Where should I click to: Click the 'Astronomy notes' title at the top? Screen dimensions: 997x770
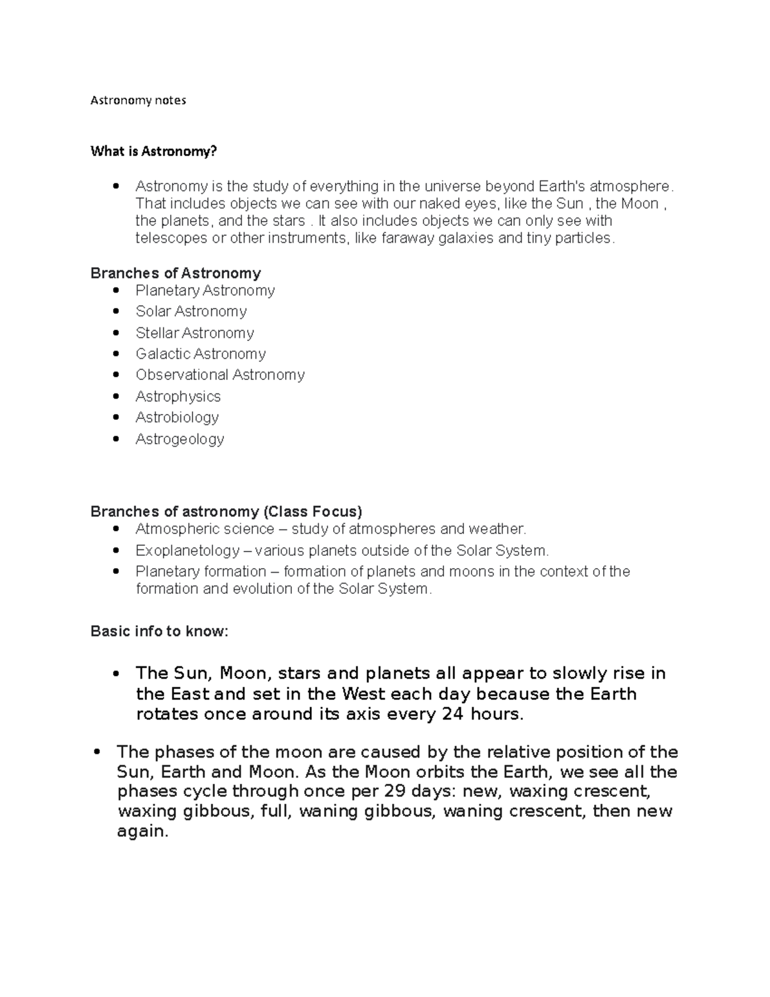[x=138, y=100]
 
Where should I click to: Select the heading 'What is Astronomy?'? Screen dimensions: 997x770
[x=154, y=152]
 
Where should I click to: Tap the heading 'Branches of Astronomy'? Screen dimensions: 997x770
[x=175, y=273]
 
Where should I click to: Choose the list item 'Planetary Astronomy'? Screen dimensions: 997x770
[x=205, y=291]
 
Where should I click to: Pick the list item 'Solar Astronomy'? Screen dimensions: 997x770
[x=191, y=311]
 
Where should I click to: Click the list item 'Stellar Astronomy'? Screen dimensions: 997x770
[x=194, y=333]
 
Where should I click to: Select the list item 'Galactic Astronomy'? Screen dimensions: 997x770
[x=200, y=354]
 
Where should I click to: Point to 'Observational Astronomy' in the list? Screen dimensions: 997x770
[x=219, y=375]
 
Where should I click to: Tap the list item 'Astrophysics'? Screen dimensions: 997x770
[x=178, y=396]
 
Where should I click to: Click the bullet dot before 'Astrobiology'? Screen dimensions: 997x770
[x=116, y=417]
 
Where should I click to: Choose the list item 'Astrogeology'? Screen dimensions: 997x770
[x=180, y=439]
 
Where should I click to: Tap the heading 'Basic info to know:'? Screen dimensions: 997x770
[x=159, y=631]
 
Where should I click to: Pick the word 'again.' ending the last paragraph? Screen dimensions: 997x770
[x=142, y=831]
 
